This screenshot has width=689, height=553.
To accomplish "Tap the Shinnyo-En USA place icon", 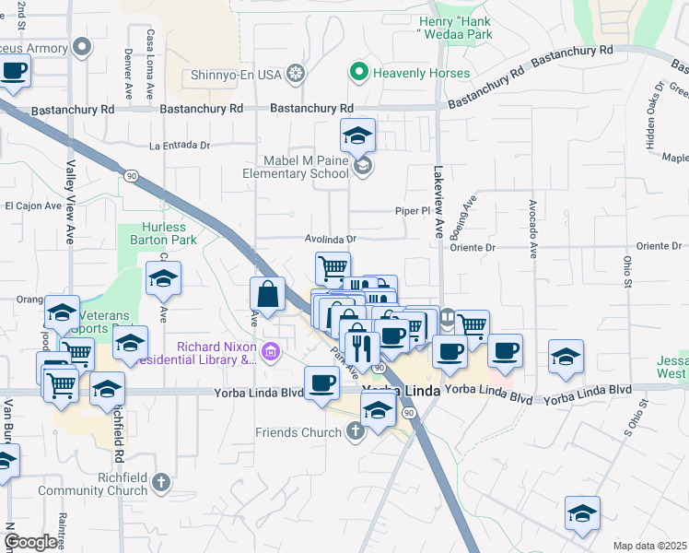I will pyautogui.click(x=295, y=73).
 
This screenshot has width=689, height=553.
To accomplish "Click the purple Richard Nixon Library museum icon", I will pyautogui.click(x=271, y=350).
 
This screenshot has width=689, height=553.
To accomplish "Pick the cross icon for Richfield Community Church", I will pyautogui.click(x=161, y=481).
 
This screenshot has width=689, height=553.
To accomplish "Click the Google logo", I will pyautogui.click(x=30, y=542).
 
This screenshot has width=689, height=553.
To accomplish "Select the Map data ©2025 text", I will pyautogui.click(x=650, y=546).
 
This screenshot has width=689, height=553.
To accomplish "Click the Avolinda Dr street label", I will pyautogui.click(x=331, y=239).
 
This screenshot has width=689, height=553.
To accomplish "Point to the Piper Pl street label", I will pyautogui.click(x=413, y=211).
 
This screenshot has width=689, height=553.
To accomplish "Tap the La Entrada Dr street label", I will pyautogui.click(x=180, y=146).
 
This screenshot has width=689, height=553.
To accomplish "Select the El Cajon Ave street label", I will pyautogui.click(x=33, y=206).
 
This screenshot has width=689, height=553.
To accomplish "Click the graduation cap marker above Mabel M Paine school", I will pyautogui.click(x=357, y=136).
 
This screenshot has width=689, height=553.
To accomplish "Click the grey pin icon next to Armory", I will pyautogui.click(x=83, y=45).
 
